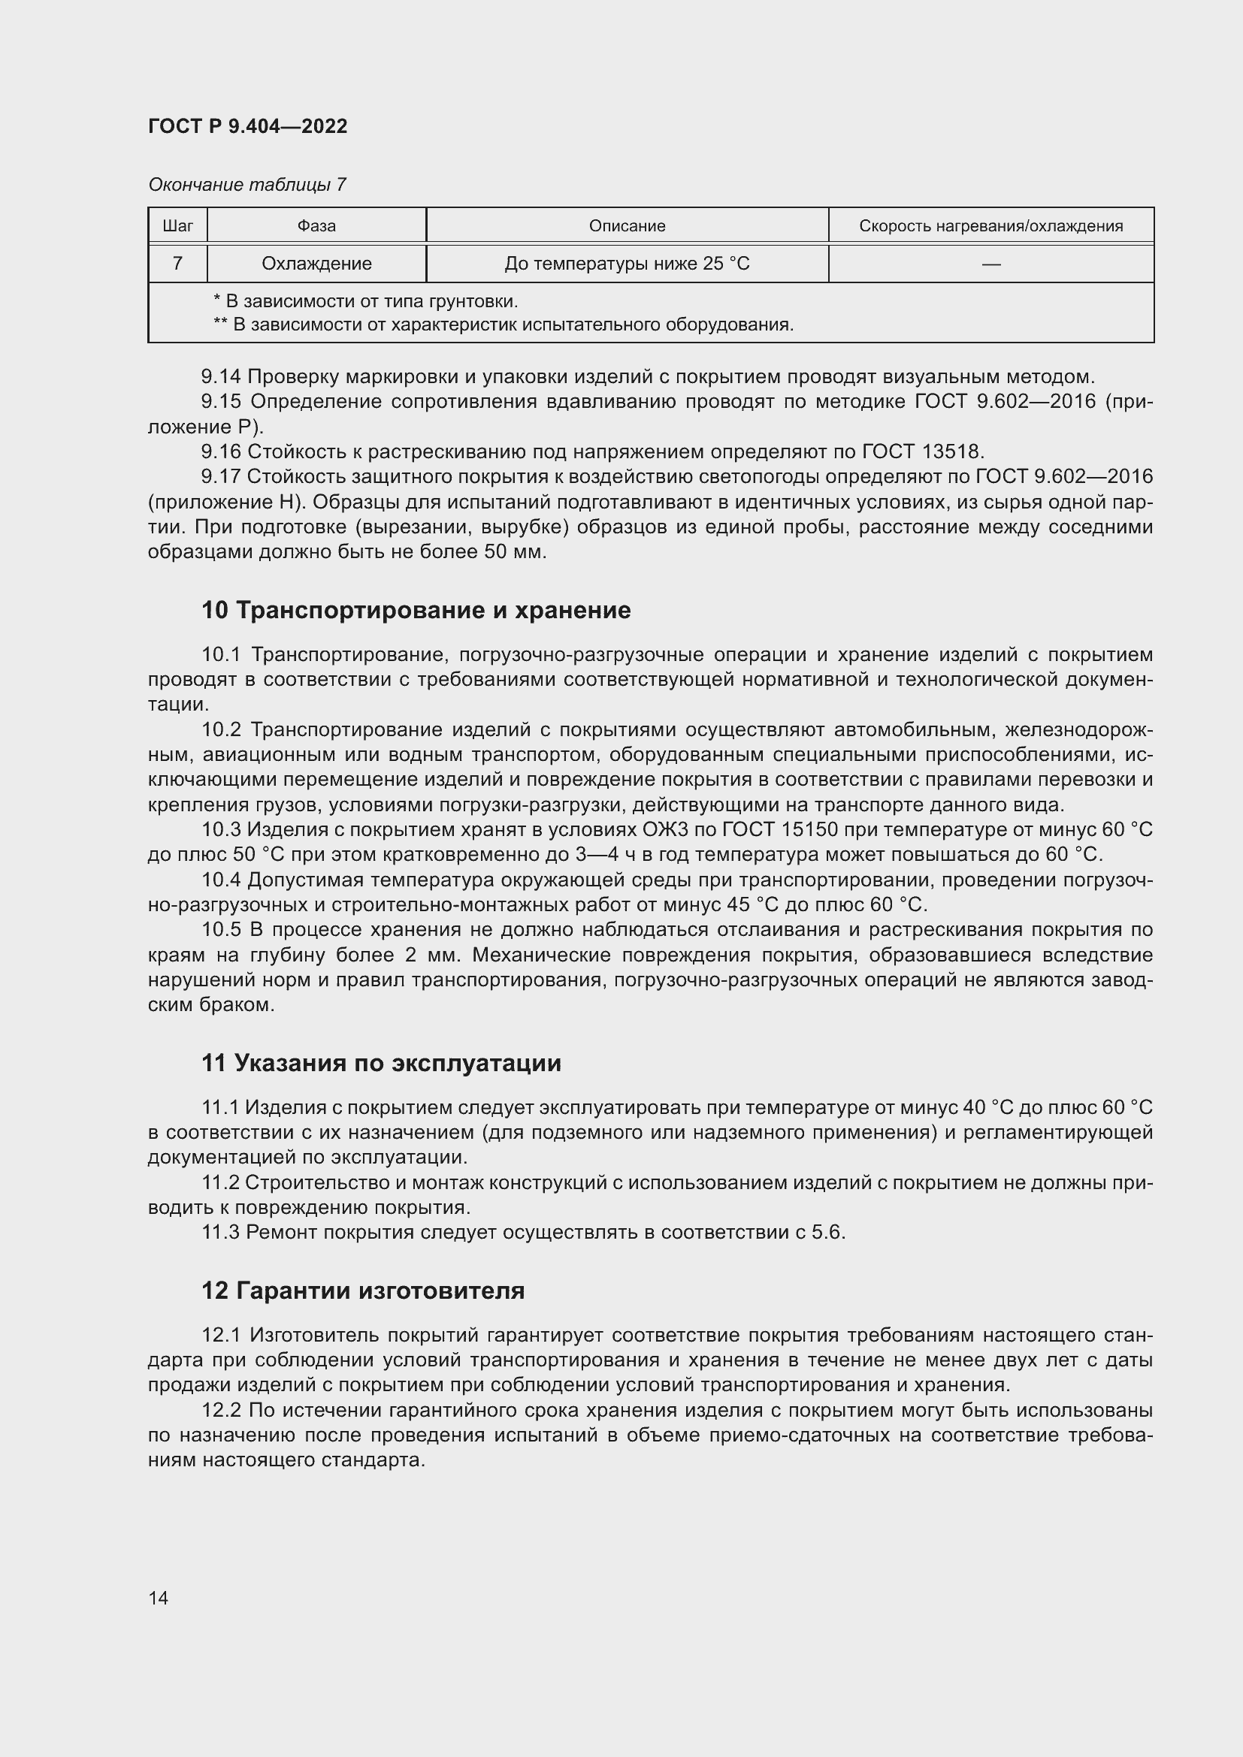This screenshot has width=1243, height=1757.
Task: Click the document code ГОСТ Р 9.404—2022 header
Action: tap(247, 126)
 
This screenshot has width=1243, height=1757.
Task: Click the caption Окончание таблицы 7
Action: tap(247, 185)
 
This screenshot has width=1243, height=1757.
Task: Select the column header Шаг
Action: tap(177, 226)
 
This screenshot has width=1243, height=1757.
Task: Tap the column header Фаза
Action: tap(316, 226)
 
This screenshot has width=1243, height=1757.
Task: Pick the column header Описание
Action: tap(627, 226)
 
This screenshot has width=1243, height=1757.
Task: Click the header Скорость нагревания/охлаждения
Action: tap(990, 226)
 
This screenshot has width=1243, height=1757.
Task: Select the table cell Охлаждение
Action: tap(316, 263)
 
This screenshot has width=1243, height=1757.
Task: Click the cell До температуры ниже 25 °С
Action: tap(627, 263)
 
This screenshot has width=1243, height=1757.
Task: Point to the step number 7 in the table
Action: tap(177, 263)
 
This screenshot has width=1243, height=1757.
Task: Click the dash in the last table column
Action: tap(990, 264)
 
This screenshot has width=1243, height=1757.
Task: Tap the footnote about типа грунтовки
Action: tap(366, 300)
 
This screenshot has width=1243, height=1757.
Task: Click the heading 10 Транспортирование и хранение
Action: tap(416, 610)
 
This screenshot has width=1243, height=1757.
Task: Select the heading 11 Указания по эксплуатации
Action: tap(381, 1063)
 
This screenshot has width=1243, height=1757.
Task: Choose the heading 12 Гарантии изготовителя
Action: tap(363, 1291)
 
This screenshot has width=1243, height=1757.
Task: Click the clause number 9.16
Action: tap(220, 451)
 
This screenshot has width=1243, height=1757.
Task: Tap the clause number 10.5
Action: tap(221, 930)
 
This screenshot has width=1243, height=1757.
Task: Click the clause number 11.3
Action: tap(220, 1232)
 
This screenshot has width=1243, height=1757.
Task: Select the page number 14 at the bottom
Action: tap(159, 1598)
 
